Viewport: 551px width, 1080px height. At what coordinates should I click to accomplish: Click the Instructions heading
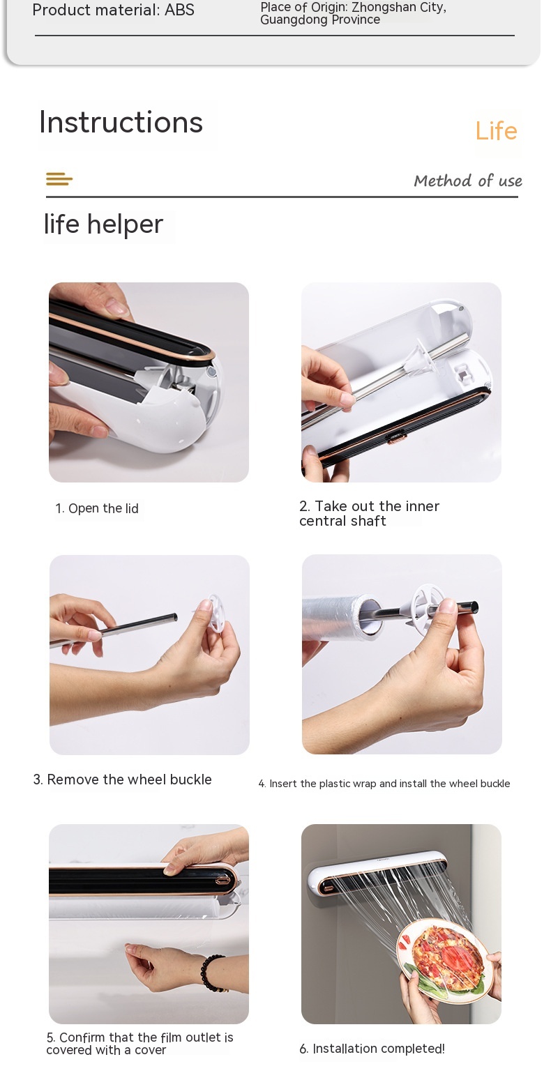(121, 122)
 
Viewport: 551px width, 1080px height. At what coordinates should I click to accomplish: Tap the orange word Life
(496, 130)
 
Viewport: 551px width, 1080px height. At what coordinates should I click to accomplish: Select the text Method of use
(467, 181)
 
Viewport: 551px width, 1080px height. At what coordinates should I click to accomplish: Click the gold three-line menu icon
(59, 179)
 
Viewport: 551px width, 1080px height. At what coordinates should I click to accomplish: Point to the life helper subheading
(103, 225)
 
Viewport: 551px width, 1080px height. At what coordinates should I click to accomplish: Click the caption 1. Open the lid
(96, 508)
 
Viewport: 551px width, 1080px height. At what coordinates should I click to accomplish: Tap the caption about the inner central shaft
(369, 513)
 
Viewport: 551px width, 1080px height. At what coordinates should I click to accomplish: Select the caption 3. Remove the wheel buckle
(122, 779)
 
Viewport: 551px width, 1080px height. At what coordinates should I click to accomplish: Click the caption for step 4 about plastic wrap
(384, 784)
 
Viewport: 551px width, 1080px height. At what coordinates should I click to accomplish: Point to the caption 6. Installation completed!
(372, 1048)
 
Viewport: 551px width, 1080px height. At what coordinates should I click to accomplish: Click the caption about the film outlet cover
(140, 1043)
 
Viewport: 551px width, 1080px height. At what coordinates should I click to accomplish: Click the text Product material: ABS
(114, 10)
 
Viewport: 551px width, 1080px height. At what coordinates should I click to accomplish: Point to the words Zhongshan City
(399, 7)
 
